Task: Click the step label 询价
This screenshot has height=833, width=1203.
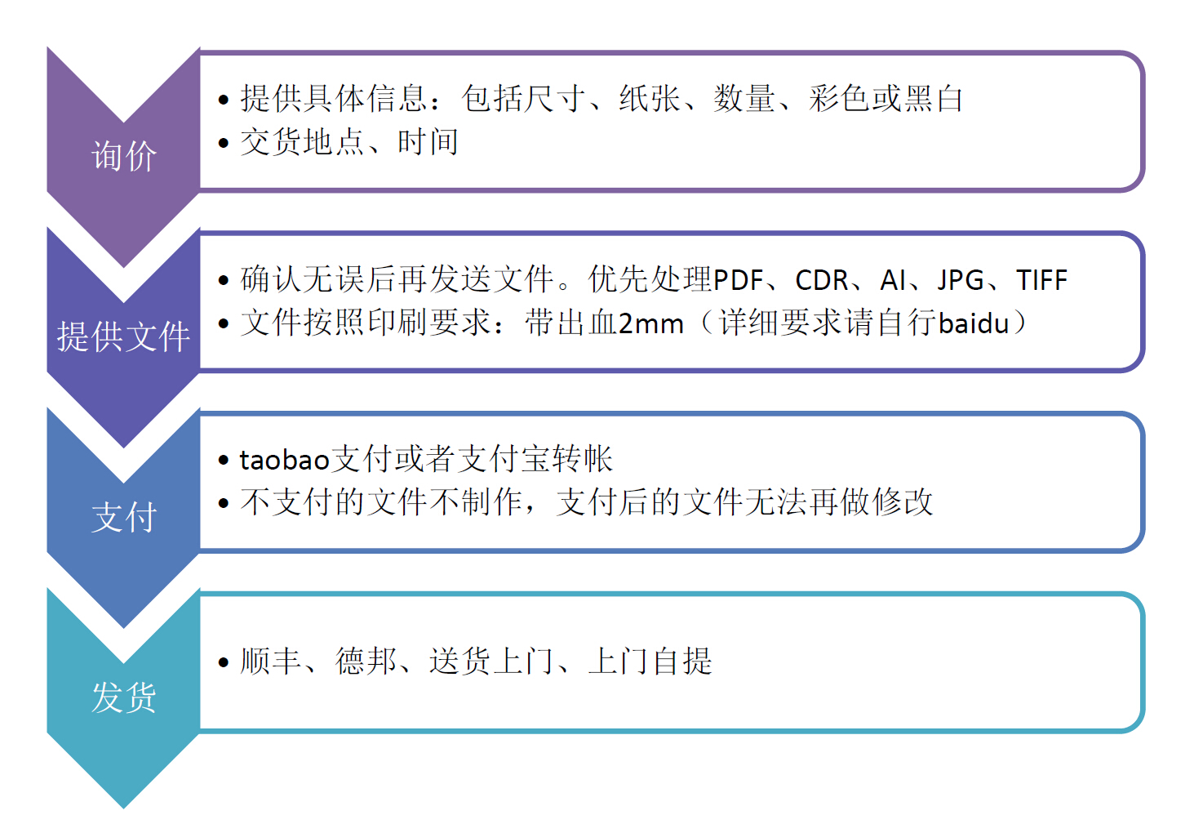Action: point(124,156)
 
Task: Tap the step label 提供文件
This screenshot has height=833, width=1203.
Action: point(124,336)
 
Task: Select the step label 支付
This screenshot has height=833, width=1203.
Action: point(124,518)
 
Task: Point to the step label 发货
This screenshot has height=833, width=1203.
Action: point(124,698)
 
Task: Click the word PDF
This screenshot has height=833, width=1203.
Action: point(739,280)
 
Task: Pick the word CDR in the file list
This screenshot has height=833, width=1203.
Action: point(822,280)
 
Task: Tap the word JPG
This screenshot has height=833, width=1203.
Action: point(961,280)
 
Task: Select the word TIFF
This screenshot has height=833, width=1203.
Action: point(1041,280)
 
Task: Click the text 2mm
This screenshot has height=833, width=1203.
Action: point(650,324)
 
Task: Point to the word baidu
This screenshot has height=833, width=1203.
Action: point(974,323)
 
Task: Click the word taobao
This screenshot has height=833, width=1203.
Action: point(284,460)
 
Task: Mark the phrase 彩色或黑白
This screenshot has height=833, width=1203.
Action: point(886,99)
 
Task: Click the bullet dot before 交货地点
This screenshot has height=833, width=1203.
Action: point(224,144)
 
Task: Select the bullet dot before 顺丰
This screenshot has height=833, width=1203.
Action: point(224,662)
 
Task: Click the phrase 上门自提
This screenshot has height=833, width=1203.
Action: point(650,661)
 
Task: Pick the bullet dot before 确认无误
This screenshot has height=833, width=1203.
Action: point(224,281)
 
